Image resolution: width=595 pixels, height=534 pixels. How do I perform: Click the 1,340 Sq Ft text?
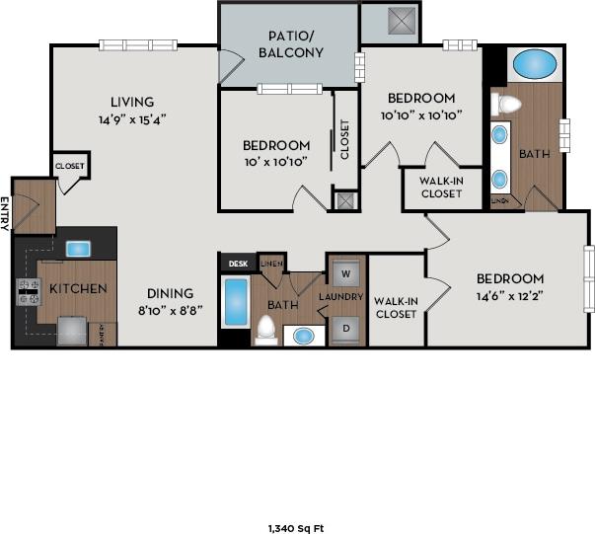[x=297, y=528]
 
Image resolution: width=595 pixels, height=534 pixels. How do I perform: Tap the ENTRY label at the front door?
[x=5, y=213]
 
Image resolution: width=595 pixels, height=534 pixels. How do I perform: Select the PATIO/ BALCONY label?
[x=290, y=45]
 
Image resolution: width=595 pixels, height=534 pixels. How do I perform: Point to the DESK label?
[x=237, y=264]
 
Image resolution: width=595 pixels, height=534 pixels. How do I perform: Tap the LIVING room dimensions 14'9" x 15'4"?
[x=131, y=119]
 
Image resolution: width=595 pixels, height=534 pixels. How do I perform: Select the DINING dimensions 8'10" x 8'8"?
[x=171, y=310]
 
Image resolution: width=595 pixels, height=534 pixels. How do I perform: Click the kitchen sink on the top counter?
[x=78, y=247]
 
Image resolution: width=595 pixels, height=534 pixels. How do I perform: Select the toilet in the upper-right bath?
[x=507, y=103]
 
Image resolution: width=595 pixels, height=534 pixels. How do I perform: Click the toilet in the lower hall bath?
[x=266, y=329]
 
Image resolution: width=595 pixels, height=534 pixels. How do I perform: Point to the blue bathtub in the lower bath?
[x=235, y=302]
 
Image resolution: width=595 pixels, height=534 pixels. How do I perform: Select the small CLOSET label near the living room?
[x=70, y=166]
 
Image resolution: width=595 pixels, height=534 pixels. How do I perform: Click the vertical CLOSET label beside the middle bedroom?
[x=345, y=139]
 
